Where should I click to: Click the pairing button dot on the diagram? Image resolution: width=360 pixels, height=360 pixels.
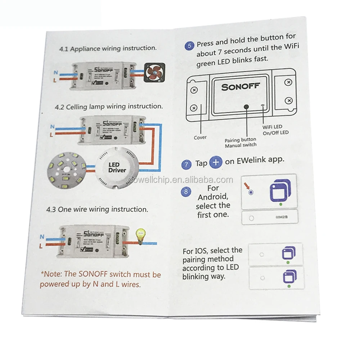tap(246, 107)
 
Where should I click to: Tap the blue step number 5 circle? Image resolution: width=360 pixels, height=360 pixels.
tap(189, 46)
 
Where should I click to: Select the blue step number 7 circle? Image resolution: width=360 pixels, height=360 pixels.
tap(186, 165)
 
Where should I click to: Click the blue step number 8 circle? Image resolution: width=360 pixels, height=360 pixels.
tap(186, 192)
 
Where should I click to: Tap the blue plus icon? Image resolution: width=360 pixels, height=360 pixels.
tap(216, 162)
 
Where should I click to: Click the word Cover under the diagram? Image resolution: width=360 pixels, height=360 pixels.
tap(200, 138)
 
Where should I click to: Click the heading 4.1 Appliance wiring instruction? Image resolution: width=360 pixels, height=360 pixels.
tap(108, 48)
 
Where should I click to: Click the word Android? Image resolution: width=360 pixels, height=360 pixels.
tap(213, 197)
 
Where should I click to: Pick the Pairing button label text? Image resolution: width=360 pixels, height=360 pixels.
tap(240, 140)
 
